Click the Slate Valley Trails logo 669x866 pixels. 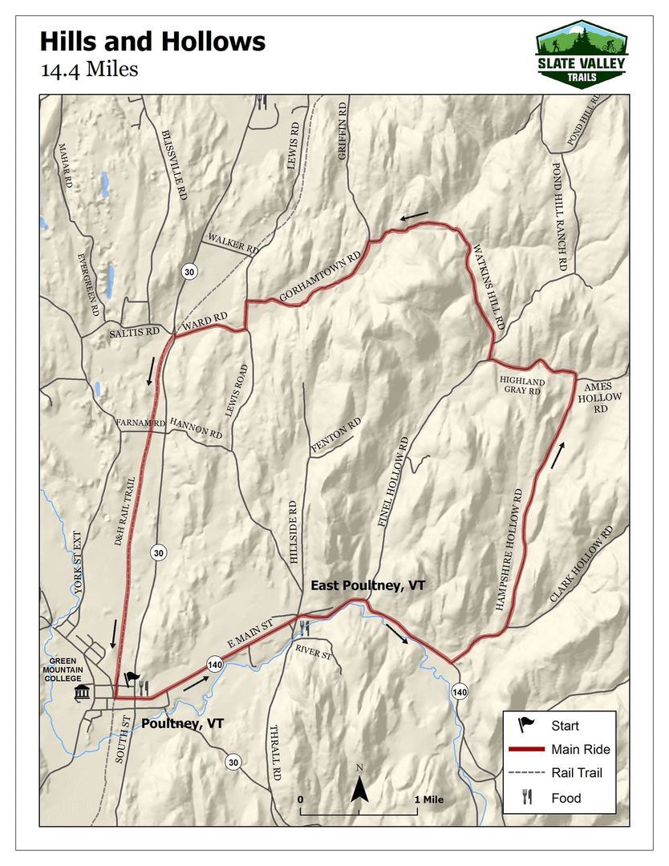click(x=582, y=54)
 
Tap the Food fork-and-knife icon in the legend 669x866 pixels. click(x=527, y=797)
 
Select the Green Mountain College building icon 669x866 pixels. click(x=82, y=693)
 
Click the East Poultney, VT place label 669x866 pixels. click(x=368, y=586)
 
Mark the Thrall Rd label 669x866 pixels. click(x=275, y=753)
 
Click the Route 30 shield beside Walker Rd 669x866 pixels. click(x=189, y=271)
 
